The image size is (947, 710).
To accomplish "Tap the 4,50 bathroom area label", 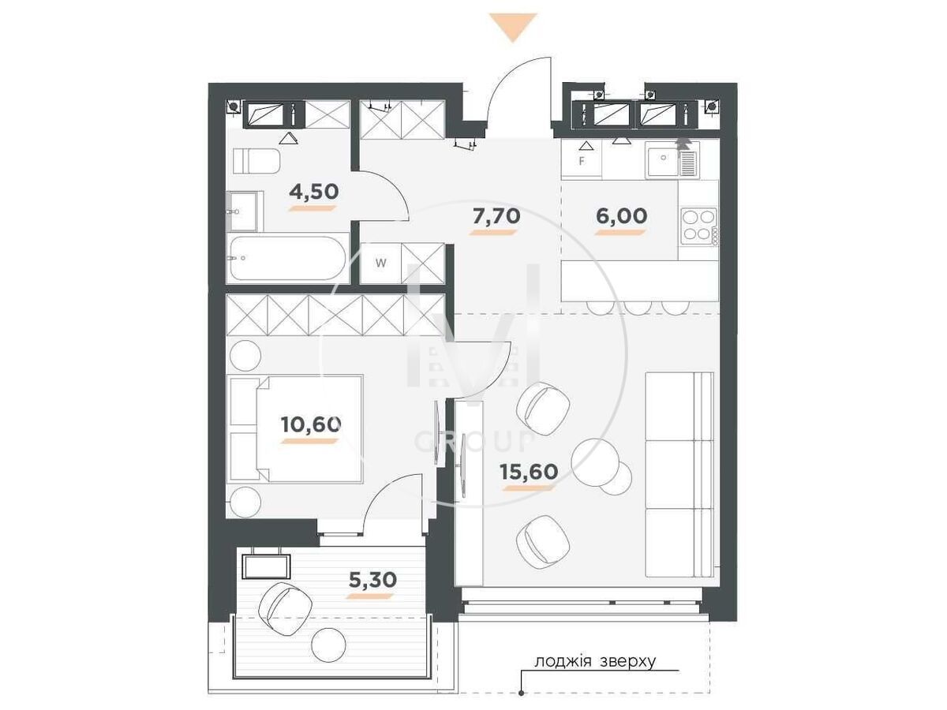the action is (313, 192).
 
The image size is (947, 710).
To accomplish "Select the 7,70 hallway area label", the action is (496, 216).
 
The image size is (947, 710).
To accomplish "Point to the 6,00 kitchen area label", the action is (621, 216).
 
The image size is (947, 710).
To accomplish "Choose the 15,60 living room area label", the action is (529, 472).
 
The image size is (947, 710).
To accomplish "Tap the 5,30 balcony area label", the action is (372, 580).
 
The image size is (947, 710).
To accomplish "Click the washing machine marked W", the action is (380, 263).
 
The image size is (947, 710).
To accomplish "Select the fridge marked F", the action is (581, 159).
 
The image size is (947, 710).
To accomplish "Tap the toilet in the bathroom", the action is (256, 161).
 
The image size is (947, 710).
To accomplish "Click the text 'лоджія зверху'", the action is (595, 661).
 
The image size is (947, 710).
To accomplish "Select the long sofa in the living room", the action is (679, 474).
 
